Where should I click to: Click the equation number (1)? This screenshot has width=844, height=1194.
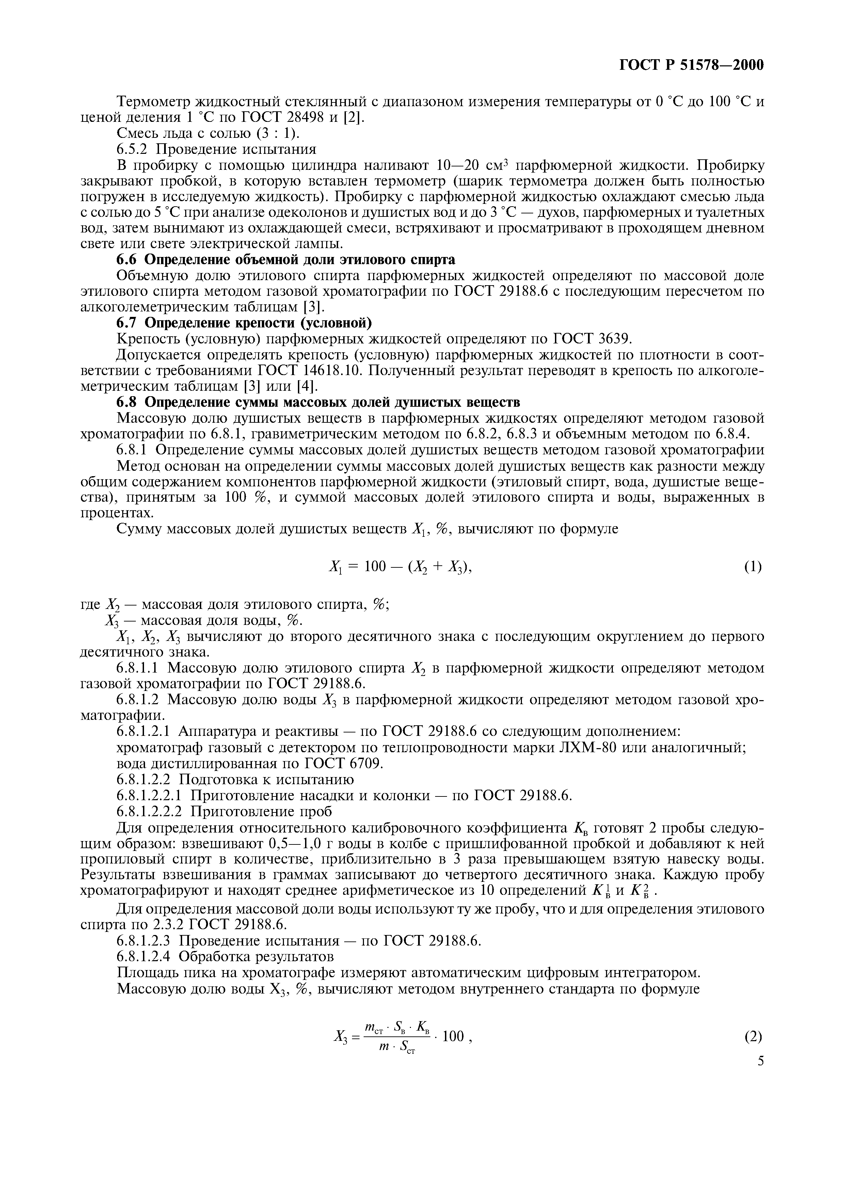click(752, 567)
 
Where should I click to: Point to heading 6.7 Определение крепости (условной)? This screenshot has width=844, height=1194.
click(244, 323)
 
